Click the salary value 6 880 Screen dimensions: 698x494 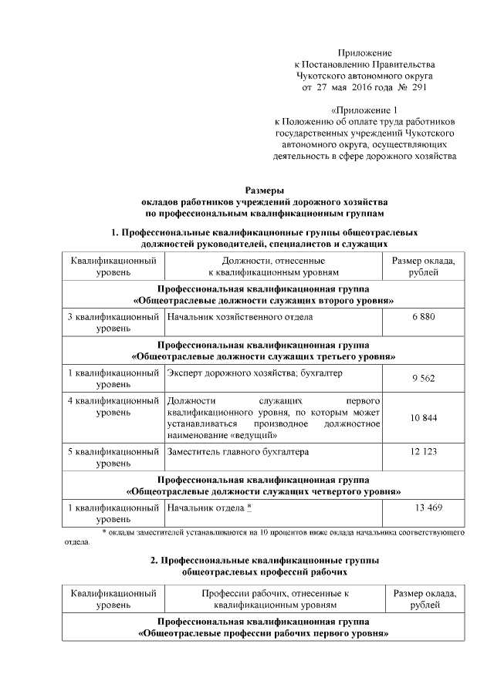[424, 317]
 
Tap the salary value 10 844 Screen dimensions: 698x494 [424, 417]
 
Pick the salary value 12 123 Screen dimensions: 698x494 [424, 450]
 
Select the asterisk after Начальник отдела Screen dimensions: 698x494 [249, 507]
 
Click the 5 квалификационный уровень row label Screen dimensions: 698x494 [113, 457]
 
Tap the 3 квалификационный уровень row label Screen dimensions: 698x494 [113, 323]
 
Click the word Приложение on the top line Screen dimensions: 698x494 [365, 51]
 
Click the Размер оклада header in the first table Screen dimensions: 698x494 [424, 267]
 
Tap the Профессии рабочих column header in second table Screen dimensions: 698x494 [276, 599]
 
